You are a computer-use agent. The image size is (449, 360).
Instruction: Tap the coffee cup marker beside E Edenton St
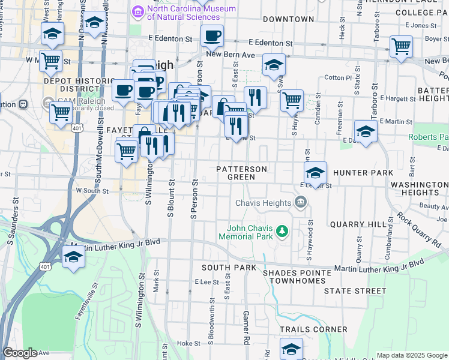coord(212,37)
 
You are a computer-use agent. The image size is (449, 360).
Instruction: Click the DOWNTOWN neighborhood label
coord(288,19)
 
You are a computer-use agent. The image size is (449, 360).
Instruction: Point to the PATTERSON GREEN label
coord(242,173)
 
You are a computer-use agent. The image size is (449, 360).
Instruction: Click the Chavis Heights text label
coord(263,203)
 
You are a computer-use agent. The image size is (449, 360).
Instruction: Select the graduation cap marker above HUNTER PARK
coord(315,173)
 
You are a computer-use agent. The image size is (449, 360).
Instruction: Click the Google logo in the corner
coord(20,353)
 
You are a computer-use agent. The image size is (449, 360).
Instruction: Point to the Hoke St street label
coord(189,344)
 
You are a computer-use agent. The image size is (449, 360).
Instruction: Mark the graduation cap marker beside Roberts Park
coord(366,131)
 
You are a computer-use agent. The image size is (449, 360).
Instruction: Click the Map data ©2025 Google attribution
coord(412,355)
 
